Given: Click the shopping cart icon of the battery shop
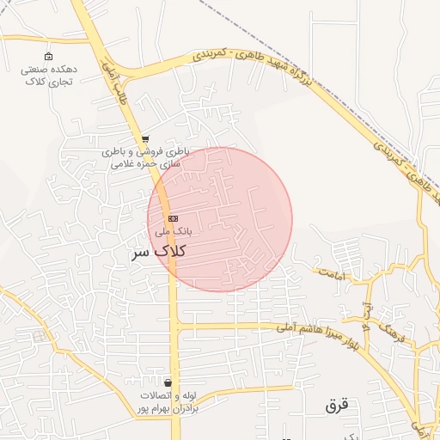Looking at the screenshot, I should pos(146,138).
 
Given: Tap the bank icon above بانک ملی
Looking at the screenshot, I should pos(173,218).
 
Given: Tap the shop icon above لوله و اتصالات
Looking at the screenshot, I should pos(167,382).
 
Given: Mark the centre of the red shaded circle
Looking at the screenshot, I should pos(220,219).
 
